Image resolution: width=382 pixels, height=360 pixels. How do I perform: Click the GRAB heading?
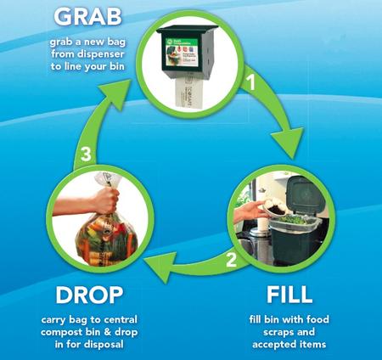point(87,16)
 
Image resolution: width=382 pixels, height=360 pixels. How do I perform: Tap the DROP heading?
point(89,295)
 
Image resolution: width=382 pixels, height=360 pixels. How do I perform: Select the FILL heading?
point(289,295)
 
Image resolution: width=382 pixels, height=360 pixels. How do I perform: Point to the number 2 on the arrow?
point(231,260)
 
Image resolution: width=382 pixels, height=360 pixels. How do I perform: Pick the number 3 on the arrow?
point(86,155)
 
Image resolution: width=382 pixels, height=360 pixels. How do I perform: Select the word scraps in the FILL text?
point(278,332)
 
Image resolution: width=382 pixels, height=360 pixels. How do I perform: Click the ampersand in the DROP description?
point(108,332)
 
